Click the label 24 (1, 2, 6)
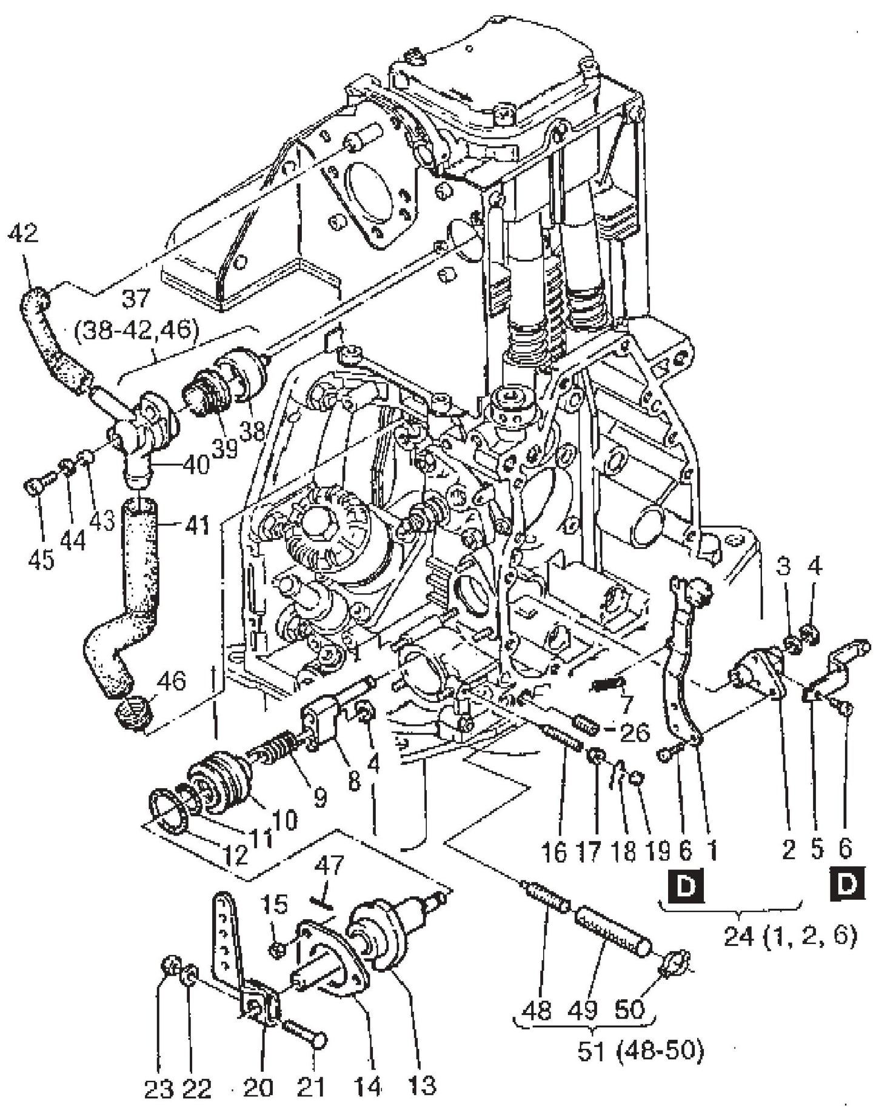[790, 937]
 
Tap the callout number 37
[135, 299]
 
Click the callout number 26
[635, 731]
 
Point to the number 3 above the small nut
[784, 567]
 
